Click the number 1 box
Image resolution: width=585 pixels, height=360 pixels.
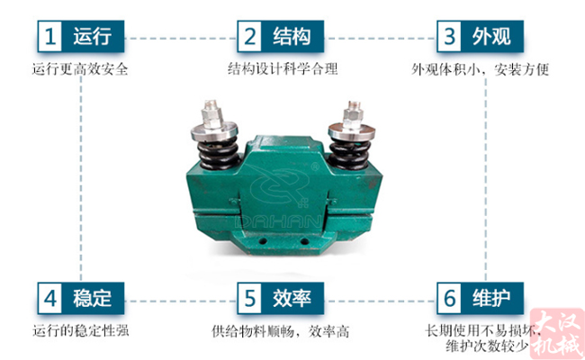click(x=50, y=37)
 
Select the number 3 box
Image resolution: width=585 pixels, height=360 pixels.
click(x=450, y=37)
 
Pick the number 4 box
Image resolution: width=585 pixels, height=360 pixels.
click(x=50, y=296)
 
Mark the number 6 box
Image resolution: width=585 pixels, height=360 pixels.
click(x=450, y=296)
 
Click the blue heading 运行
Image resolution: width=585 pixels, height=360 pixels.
click(x=92, y=37)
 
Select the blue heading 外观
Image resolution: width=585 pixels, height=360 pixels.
click(x=491, y=37)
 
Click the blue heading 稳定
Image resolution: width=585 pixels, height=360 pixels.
click(x=92, y=296)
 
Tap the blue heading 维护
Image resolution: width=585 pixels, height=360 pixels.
click(x=491, y=296)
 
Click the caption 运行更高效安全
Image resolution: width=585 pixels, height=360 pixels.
click(x=79, y=69)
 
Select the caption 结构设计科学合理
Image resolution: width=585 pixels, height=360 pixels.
click(x=281, y=69)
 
